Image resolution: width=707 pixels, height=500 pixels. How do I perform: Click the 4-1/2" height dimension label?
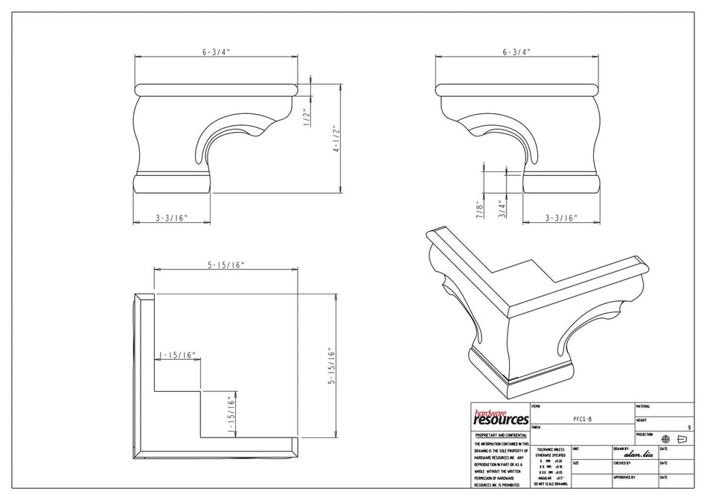(x=336, y=139)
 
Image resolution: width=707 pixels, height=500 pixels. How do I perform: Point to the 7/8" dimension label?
(x=480, y=209)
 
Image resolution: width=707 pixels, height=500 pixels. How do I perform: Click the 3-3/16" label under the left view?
(x=171, y=218)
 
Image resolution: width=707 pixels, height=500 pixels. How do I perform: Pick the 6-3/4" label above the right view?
(x=516, y=52)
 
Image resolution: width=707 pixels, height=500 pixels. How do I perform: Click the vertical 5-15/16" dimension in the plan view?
(x=333, y=365)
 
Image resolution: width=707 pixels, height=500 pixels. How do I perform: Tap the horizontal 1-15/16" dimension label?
(x=177, y=355)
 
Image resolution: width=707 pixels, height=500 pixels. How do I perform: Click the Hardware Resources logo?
(x=500, y=418)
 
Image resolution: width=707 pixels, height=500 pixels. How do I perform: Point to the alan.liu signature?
(x=637, y=455)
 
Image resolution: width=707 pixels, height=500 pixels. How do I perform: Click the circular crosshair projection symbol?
(x=665, y=439)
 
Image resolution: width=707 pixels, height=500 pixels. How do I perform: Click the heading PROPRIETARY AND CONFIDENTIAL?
(x=500, y=434)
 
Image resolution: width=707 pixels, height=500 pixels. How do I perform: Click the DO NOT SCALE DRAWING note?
(x=550, y=484)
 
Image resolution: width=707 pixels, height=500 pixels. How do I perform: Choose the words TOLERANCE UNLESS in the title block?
(x=551, y=449)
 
